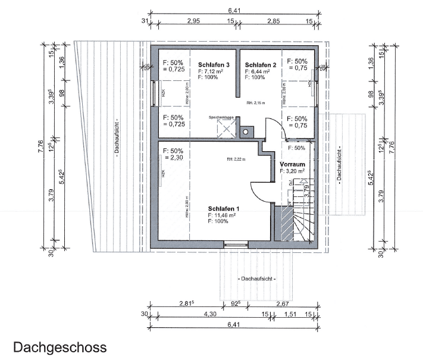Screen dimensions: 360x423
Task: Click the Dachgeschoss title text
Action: pyautogui.click(x=59, y=347)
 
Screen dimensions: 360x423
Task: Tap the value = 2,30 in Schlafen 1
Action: pyautogui.click(x=174, y=158)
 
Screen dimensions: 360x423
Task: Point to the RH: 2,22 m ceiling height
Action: pyautogui.click(x=236, y=159)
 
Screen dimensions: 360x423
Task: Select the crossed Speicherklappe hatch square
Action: pyautogui.click(x=225, y=126)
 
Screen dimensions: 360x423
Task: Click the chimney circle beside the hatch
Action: pyautogui.click(x=245, y=130)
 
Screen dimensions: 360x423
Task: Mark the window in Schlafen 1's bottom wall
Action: pyautogui.click(x=236, y=243)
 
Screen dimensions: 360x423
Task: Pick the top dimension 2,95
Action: pyautogui.click(x=193, y=21)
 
